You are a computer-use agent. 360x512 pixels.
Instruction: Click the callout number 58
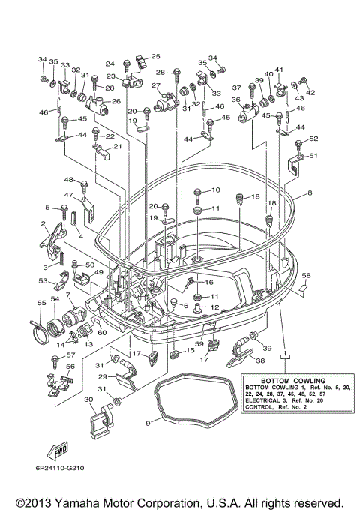point(306,276)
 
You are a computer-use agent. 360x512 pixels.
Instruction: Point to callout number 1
point(284,351)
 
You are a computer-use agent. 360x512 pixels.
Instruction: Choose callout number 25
point(156,56)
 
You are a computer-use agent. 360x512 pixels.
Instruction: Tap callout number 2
point(44,224)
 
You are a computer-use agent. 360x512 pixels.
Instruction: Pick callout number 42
point(311,93)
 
